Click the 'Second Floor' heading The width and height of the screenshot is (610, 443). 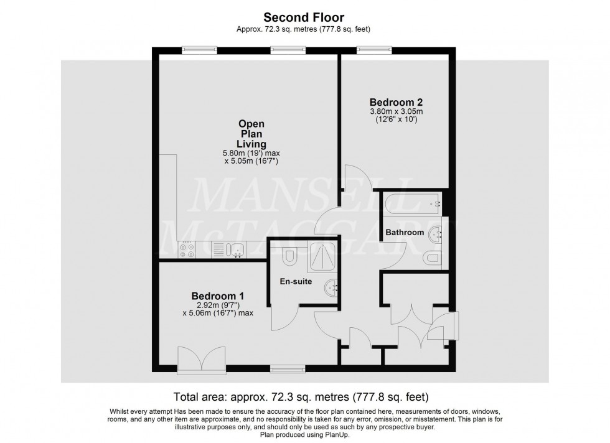point(304,17)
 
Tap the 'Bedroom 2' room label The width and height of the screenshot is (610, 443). point(396,102)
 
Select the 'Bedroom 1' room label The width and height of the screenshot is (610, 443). point(218,296)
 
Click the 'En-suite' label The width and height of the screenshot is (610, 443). point(296,281)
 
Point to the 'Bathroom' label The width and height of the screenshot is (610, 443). point(405,232)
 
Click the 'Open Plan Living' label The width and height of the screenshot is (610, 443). point(251,134)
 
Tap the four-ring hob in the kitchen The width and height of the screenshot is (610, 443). point(187,249)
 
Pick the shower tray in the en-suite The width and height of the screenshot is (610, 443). point(322,256)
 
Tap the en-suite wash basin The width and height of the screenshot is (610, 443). point(331,288)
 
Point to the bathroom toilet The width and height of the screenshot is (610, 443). point(433,258)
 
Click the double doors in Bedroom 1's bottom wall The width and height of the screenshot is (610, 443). point(202,360)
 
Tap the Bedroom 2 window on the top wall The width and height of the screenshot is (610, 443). point(375,50)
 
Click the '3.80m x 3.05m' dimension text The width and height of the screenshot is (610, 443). point(396,111)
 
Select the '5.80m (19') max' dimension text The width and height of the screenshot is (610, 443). point(251,153)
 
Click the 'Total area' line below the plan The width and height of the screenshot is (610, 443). point(301,397)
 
